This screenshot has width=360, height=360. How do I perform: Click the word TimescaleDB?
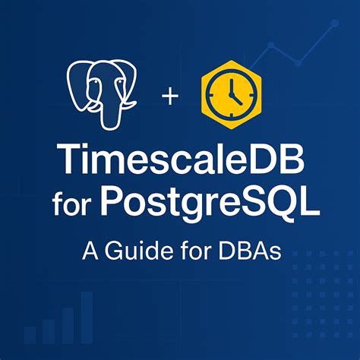179,162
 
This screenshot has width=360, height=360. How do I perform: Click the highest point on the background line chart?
334,23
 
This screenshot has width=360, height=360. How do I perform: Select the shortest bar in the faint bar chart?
30,335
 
